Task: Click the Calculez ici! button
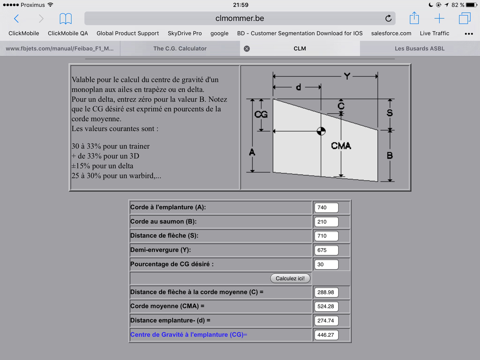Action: (x=290, y=278)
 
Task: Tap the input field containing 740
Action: (x=326, y=207)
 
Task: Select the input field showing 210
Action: (x=326, y=222)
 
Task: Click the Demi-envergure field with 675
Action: (x=326, y=250)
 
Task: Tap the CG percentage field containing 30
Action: (x=326, y=264)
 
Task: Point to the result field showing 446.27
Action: (x=326, y=335)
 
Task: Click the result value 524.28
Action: (x=326, y=306)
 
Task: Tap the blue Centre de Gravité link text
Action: (x=188, y=334)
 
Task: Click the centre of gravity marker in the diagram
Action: (x=321, y=131)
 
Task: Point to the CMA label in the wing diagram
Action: (x=341, y=145)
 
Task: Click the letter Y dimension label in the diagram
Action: (x=347, y=76)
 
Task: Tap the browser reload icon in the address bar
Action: (x=388, y=18)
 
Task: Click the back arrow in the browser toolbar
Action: (x=16, y=18)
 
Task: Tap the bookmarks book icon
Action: (x=66, y=18)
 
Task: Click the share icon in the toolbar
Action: (x=414, y=18)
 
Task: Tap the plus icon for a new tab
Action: (x=439, y=18)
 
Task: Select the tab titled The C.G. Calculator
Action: (x=180, y=48)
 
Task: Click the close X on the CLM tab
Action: (x=247, y=49)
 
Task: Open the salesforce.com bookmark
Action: (x=391, y=33)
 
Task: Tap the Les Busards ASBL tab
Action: (x=420, y=48)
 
